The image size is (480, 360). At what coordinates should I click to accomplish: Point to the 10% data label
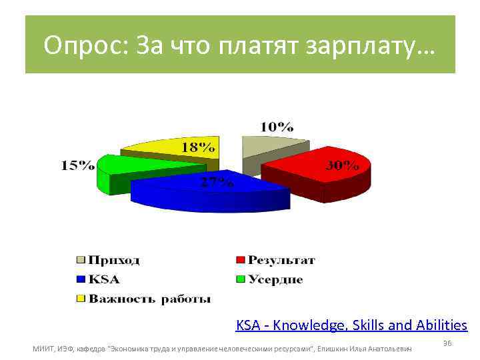point(277,126)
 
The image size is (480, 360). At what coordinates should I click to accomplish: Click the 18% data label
point(199,146)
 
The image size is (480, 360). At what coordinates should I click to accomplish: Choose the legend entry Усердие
point(275,279)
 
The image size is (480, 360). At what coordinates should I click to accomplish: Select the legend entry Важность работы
point(150,298)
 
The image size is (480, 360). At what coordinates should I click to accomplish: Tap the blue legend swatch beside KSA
point(81,279)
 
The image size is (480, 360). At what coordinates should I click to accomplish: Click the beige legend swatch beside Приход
point(81,260)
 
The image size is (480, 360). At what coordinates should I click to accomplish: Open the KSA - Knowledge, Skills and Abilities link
point(351,325)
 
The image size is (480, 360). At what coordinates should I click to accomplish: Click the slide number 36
point(447,343)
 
